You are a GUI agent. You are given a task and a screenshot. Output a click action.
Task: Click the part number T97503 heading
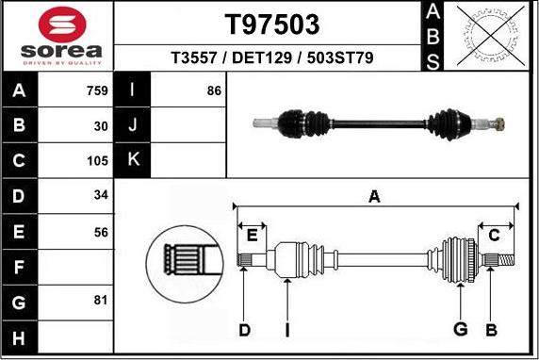(271, 25)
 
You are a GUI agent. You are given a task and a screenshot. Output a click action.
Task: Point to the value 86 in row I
(213, 91)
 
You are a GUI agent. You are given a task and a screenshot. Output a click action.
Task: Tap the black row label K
(133, 159)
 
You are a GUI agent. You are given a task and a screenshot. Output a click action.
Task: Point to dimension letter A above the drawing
(374, 196)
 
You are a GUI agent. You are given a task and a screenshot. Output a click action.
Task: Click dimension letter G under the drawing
(461, 329)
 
